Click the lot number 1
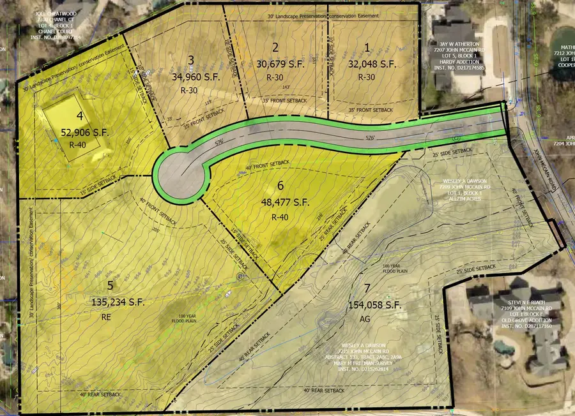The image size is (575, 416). pos(367,47)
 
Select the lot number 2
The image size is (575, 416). pos(275,47)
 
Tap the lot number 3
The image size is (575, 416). pos(192,60)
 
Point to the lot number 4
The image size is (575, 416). pos(80,116)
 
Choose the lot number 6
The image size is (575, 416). pos(280,186)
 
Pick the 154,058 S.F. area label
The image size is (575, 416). pos(376,306)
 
